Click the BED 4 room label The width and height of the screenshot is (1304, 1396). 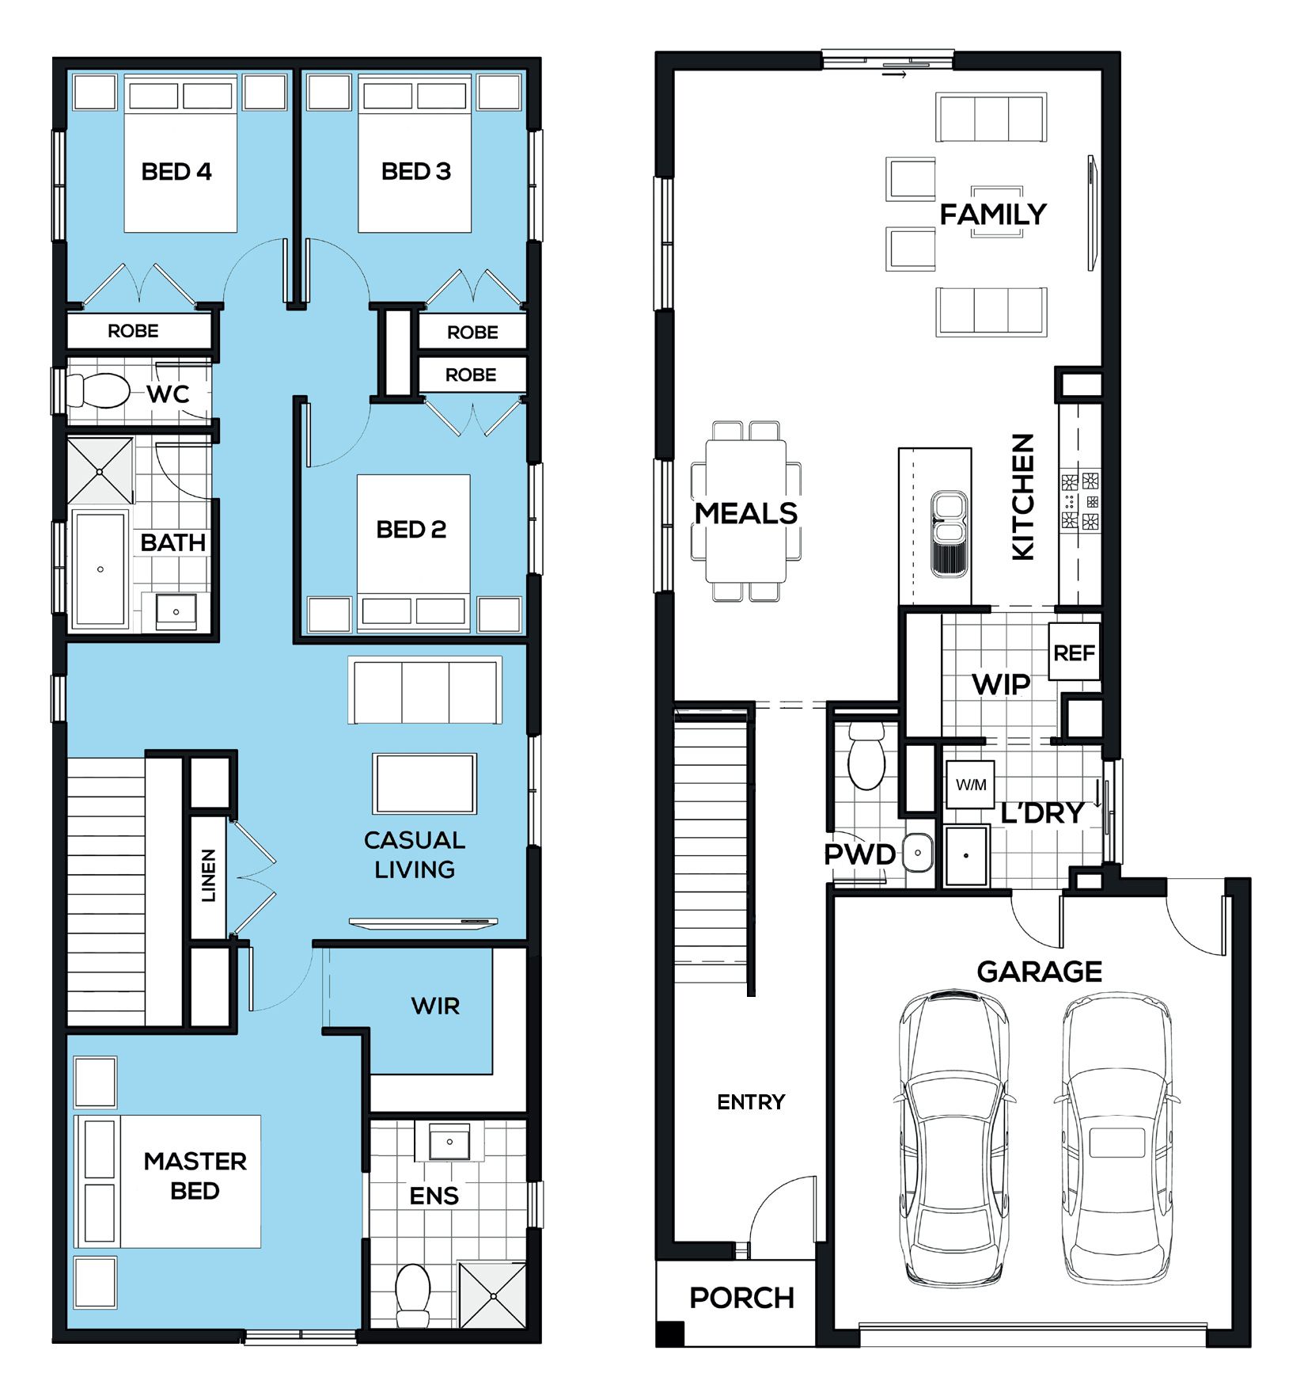[176, 172]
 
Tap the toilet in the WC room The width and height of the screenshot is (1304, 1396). [98, 390]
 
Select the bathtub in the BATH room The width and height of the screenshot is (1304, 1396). [100, 569]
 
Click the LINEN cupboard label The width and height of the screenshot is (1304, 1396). [208, 875]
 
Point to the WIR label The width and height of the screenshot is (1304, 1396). [435, 1006]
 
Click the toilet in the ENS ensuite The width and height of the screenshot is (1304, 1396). [412, 1295]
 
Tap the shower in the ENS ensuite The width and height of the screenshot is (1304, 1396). [492, 1295]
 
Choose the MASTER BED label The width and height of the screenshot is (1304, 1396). [195, 1176]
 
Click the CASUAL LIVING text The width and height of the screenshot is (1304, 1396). [415, 854]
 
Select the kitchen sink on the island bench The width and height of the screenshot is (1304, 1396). [950, 533]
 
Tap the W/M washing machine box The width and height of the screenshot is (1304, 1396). [971, 784]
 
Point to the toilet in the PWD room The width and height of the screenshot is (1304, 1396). [866, 755]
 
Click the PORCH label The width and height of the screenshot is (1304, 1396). [741, 1298]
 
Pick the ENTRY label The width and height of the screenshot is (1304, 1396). [751, 1101]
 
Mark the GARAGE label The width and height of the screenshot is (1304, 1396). [1040, 972]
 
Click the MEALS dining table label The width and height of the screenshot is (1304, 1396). [746, 513]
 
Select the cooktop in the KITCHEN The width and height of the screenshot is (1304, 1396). [1080, 500]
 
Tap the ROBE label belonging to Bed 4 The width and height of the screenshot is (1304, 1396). [133, 331]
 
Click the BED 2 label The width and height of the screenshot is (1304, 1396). [411, 529]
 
